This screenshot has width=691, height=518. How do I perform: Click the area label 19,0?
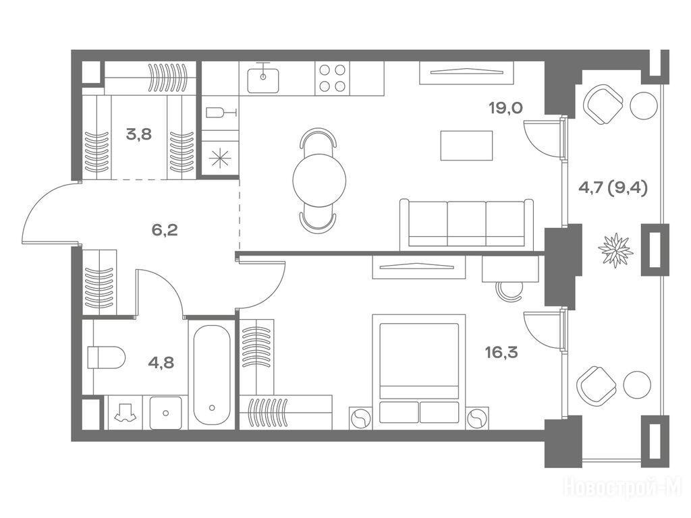[505, 107]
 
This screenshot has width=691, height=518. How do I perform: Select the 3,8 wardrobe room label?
[138, 134]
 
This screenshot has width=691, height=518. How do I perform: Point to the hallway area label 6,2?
[165, 229]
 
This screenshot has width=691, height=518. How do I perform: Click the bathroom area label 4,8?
[161, 362]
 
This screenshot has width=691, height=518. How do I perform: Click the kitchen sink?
[262, 80]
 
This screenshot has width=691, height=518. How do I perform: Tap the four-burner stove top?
[332, 78]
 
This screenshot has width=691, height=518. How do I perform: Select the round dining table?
[319, 179]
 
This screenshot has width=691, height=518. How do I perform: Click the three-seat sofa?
[467, 225]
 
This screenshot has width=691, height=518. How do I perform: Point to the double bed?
[419, 372]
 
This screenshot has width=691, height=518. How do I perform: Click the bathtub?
[211, 375]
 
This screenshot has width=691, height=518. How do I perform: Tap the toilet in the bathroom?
[106, 357]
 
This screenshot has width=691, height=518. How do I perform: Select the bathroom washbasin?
[166, 413]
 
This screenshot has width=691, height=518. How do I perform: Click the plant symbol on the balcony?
[615, 250]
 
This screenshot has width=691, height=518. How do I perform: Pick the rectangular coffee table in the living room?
[466, 146]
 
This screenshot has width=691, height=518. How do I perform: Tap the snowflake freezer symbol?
[219, 158]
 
